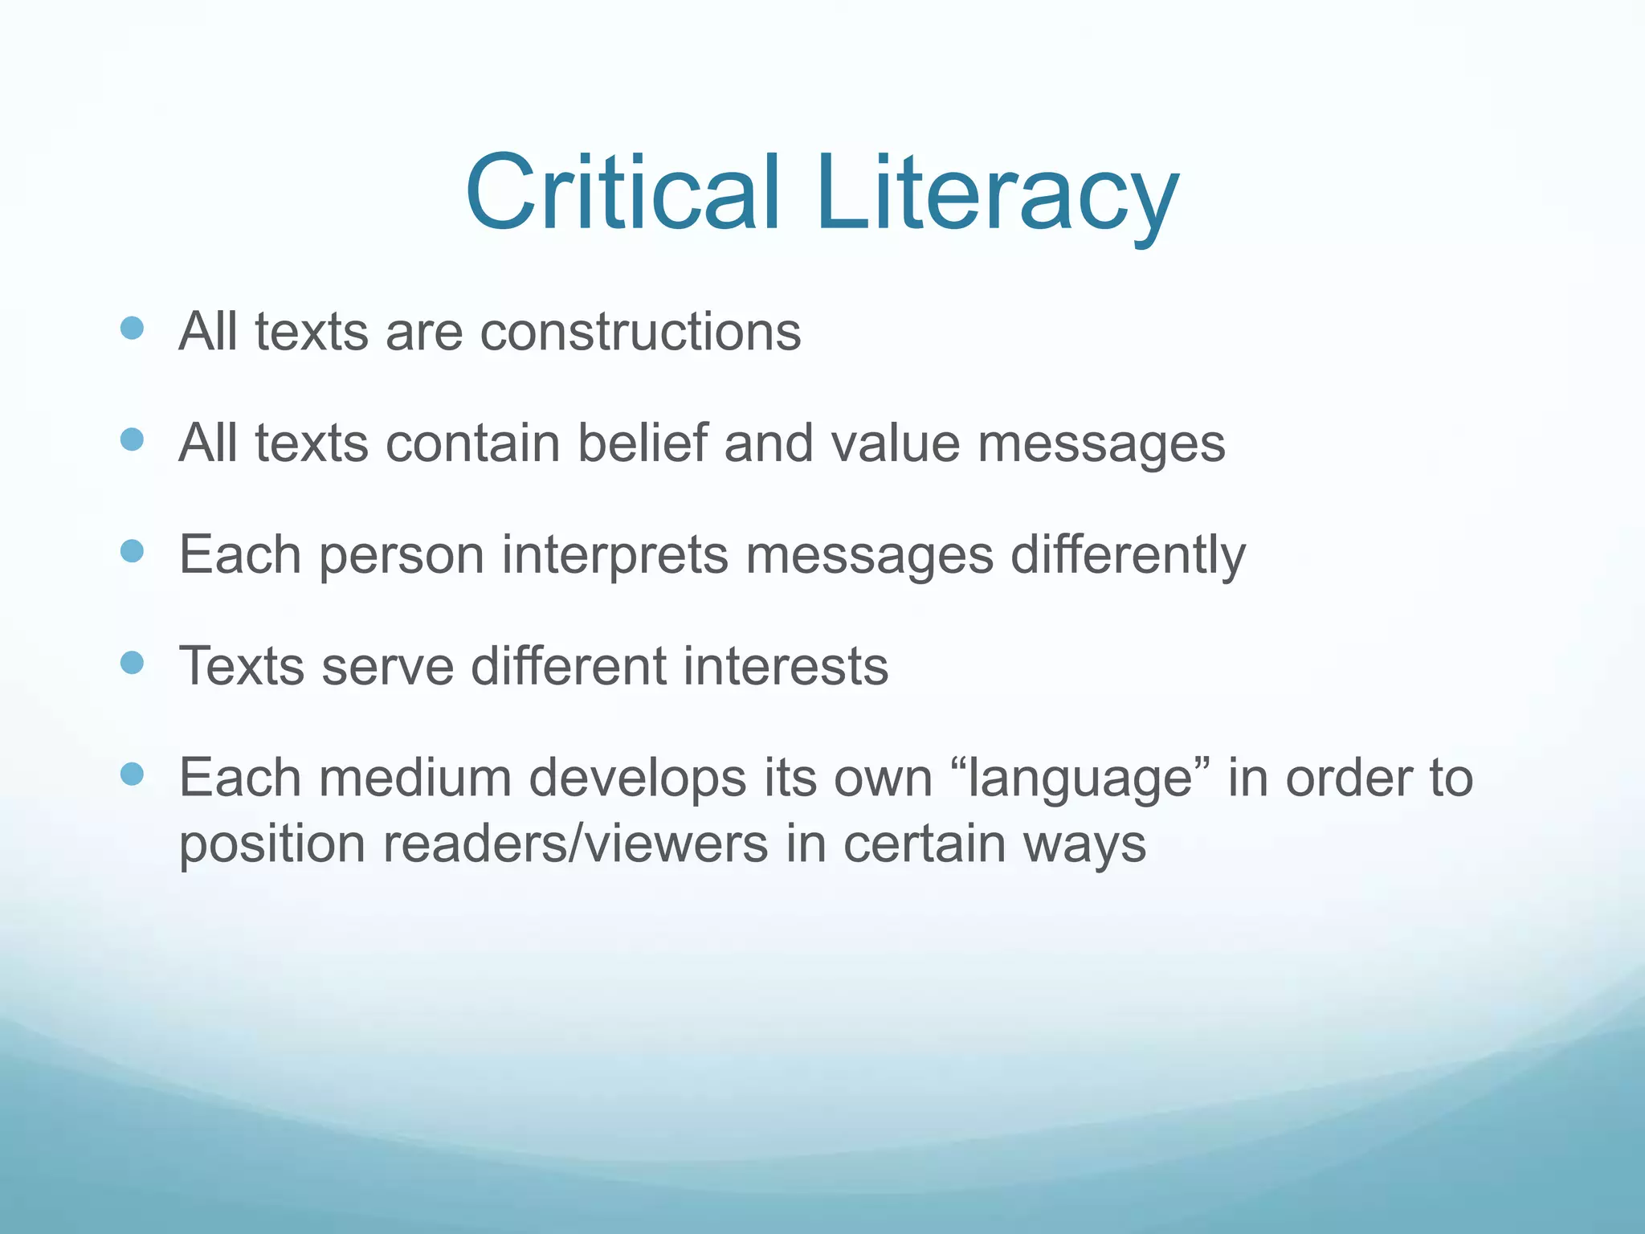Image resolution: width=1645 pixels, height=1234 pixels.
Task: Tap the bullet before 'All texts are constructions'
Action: coord(131,328)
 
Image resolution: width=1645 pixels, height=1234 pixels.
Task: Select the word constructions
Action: coord(640,331)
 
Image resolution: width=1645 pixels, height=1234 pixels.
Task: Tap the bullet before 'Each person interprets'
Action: coord(131,551)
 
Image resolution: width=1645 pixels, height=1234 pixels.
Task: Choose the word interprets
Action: coord(614,554)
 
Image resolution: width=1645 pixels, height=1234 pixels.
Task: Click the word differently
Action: coord(1128,554)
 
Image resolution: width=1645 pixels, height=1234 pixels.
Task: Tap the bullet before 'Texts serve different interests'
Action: coord(131,663)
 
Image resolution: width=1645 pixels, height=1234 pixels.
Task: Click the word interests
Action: coord(786,666)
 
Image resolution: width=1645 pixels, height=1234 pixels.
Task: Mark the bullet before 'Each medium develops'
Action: coord(131,774)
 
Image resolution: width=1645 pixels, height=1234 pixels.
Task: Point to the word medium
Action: coord(415,778)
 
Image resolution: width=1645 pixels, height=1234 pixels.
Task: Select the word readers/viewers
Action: coord(575,844)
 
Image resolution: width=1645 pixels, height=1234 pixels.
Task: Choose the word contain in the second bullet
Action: coord(472,443)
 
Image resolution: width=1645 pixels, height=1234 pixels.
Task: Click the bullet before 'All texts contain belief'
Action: coord(131,439)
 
